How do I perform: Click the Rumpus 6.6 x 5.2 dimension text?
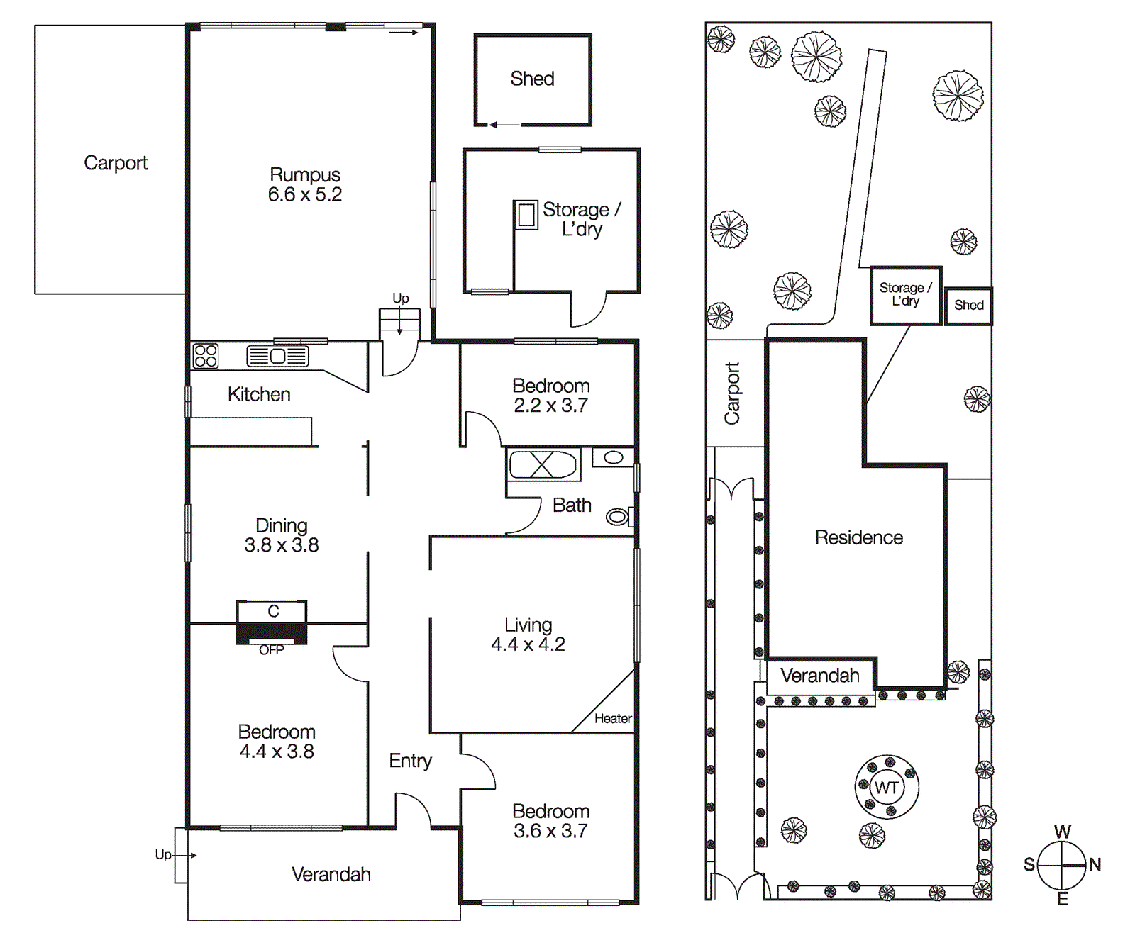[x=305, y=195]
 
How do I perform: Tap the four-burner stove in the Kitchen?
[x=206, y=356]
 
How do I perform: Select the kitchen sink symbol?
[x=277, y=356]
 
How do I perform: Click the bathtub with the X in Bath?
[x=543, y=466]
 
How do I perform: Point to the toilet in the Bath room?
[x=618, y=517]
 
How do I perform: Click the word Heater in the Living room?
[x=613, y=719]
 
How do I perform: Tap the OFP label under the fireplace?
[x=271, y=650]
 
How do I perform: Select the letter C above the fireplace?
[x=273, y=611]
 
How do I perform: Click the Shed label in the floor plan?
[x=532, y=79]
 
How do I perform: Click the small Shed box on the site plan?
[x=968, y=306]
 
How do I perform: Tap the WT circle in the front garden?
[x=887, y=788]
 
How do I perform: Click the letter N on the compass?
[x=1095, y=864]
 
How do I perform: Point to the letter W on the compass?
[x=1062, y=832]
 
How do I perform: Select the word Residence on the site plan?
[x=858, y=537]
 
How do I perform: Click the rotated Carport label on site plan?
[x=731, y=393]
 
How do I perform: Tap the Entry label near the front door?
[x=410, y=761]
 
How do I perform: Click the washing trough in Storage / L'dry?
[x=526, y=214]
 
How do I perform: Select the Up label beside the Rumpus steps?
[x=401, y=298]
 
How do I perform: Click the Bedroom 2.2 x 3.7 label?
[x=550, y=396]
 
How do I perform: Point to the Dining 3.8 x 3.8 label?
[x=281, y=535]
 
